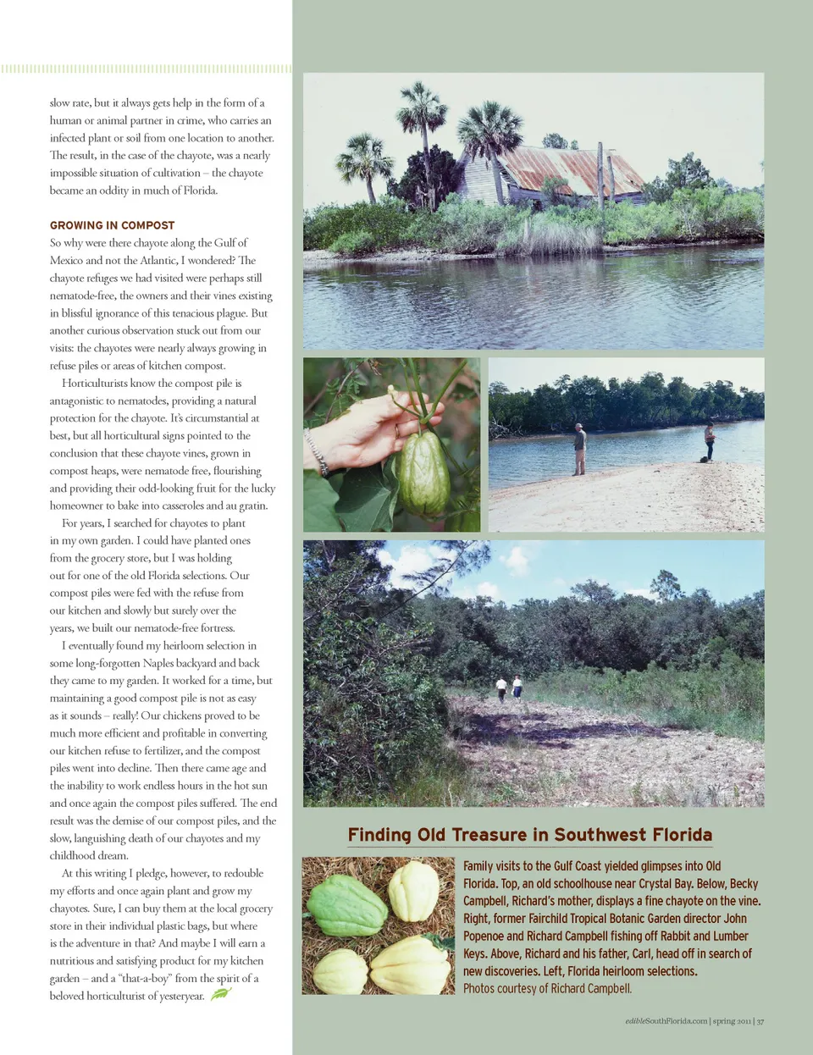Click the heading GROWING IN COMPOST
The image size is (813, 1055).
pos(112,225)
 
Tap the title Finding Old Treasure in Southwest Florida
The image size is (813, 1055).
pos(530,835)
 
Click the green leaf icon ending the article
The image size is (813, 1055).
pos(220,994)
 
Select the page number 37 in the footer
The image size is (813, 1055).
pos(760,1021)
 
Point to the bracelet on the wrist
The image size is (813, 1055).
pos(318,452)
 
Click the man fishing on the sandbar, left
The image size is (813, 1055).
pos(579,448)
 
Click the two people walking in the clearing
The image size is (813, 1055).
pos(509,688)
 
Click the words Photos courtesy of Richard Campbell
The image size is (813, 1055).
pos(547,988)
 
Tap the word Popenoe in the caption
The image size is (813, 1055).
pos(484,936)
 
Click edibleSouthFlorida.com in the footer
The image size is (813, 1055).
pos(666,1021)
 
